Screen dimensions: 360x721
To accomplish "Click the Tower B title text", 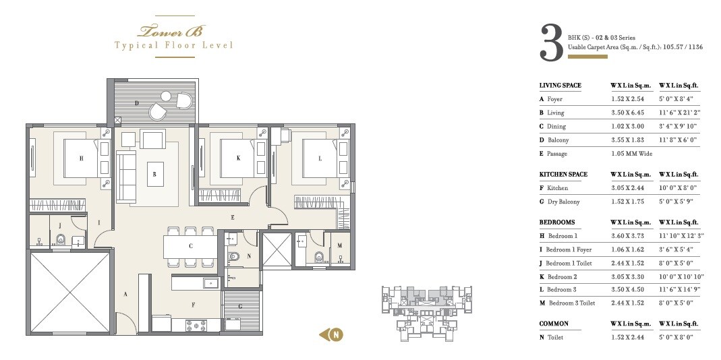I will (x=173, y=31).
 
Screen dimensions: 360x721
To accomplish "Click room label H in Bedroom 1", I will (x=81, y=158).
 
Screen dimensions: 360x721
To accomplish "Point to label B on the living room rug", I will (x=154, y=174).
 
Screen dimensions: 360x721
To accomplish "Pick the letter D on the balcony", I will (x=137, y=103).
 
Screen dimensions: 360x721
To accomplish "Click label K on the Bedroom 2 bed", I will (x=238, y=158).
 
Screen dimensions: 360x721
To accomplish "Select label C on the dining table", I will (x=191, y=246).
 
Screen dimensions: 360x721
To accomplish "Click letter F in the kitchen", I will (x=194, y=305).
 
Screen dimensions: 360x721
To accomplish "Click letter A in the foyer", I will (x=125, y=293).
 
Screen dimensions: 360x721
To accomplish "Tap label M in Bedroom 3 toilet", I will (x=339, y=246).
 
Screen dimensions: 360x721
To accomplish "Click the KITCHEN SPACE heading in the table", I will (x=563, y=174).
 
